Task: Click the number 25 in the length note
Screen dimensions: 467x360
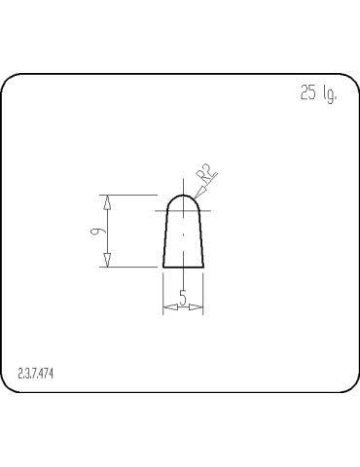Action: click(308, 93)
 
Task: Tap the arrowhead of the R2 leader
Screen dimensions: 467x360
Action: click(198, 198)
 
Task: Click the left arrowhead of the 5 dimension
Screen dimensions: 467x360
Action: click(167, 307)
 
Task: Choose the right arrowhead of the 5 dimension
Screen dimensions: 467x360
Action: click(198, 307)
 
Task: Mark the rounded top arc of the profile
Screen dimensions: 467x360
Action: click(183, 194)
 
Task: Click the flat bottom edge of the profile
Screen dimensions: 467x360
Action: click(183, 266)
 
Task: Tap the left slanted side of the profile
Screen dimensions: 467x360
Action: click(165, 238)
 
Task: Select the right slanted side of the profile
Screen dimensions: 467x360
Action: click(200, 238)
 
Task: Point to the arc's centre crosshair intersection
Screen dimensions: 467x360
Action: click(183, 209)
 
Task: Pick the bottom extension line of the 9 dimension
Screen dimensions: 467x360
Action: click(131, 266)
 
